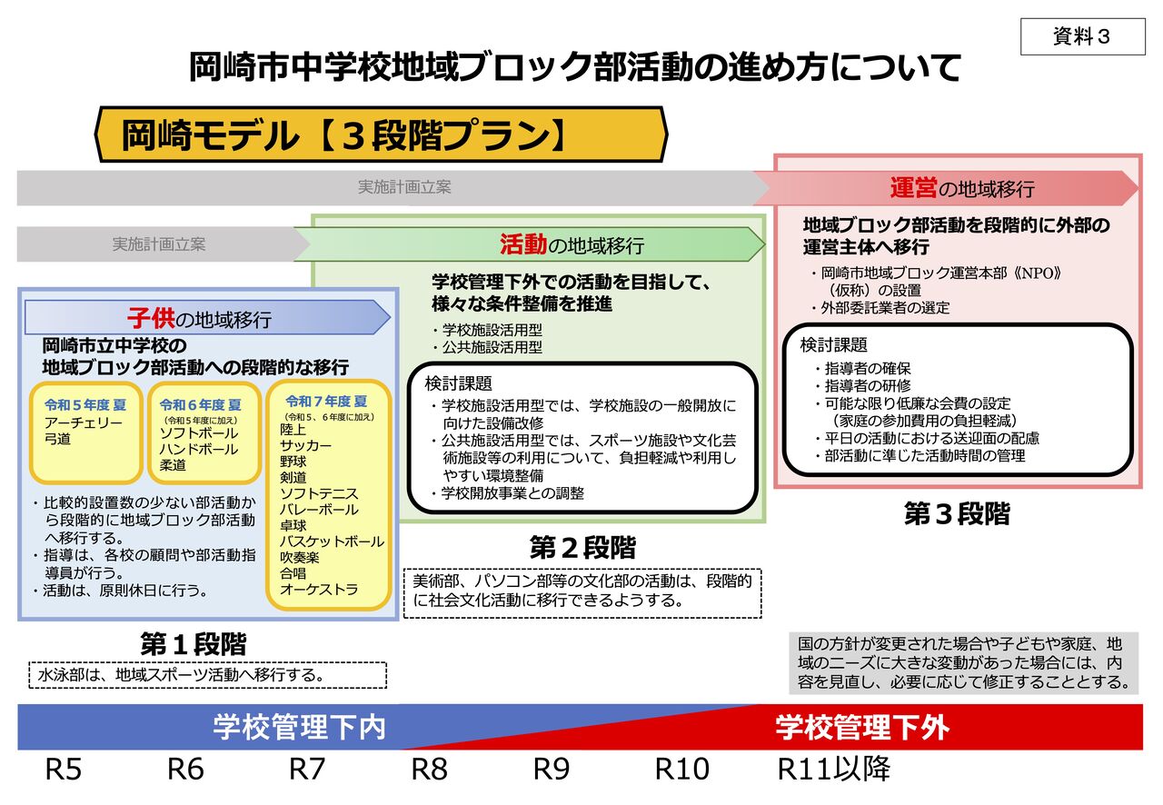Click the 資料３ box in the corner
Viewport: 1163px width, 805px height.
tap(1082, 37)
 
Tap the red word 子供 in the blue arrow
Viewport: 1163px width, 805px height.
tap(150, 318)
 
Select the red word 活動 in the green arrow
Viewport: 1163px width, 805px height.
tap(522, 243)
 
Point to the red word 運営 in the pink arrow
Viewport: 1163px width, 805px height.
tap(912, 188)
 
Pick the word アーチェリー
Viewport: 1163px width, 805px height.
tap(84, 422)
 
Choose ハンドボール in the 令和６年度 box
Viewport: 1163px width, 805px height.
tap(198, 449)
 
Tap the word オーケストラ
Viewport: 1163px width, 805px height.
tap(319, 589)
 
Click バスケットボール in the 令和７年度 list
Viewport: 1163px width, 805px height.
tap(332, 542)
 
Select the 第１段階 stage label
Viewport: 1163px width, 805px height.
tap(194, 643)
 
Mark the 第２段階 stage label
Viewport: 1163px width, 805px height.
tap(582, 548)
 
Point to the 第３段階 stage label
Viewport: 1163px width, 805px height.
tap(957, 513)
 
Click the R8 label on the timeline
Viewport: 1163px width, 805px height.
tap(429, 770)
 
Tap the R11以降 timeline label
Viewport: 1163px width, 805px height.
tap(833, 770)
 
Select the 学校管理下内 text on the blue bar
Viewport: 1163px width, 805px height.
tap(299, 728)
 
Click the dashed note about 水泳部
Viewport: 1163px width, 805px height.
tap(207, 675)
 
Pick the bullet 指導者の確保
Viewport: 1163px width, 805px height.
tap(867, 369)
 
